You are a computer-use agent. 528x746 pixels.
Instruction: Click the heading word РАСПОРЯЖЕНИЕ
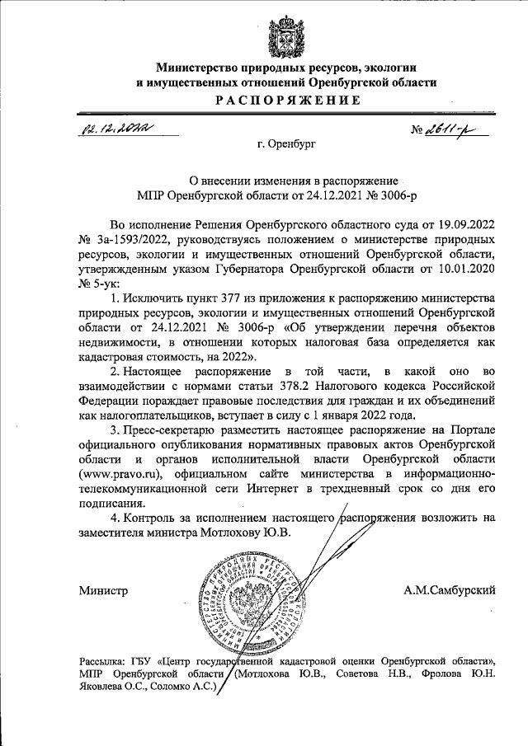tap(285, 101)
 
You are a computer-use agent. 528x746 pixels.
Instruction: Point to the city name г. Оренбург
tap(286, 145)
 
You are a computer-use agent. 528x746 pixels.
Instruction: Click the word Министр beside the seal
tap(104, 591)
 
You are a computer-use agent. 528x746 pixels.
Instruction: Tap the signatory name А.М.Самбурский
tap(449, 591)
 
